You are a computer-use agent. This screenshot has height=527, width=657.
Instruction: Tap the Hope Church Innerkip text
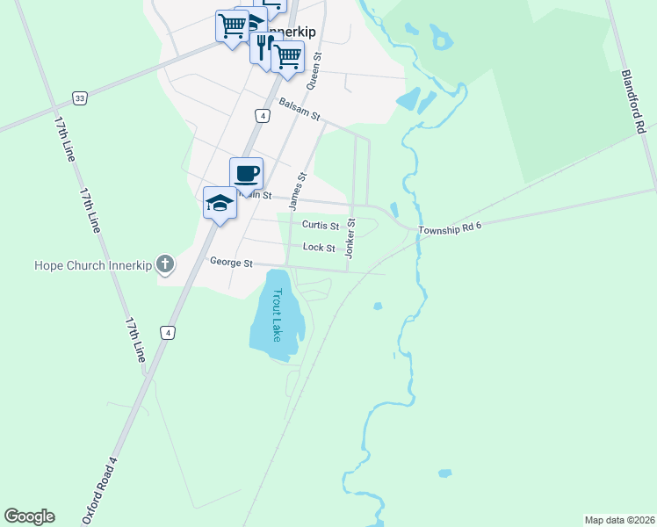[93, 263]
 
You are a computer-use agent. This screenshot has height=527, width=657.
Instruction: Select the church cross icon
[164, 263]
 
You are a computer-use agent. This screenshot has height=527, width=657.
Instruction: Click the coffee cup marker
[246, 172]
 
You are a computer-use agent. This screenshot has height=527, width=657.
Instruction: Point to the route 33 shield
[80, 98]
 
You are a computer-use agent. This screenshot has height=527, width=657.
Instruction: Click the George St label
[231, 262]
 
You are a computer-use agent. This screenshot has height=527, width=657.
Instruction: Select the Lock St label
[319, 248]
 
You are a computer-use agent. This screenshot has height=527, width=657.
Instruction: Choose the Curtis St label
[321, 225]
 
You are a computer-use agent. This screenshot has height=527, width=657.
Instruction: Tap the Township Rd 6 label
[450, 228]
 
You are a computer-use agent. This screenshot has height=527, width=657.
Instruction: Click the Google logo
[29, 516]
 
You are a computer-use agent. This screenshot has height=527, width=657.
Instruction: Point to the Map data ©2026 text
[619, 520]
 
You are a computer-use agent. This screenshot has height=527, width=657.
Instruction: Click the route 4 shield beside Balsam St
[262, 116]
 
